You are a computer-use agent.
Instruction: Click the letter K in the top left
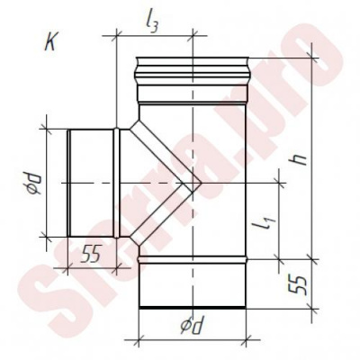50,43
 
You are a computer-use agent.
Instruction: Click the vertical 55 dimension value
298,284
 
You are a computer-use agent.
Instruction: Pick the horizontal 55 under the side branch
91,255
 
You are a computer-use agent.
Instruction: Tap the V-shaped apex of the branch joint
200,183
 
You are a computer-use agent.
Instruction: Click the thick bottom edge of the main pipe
193,308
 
